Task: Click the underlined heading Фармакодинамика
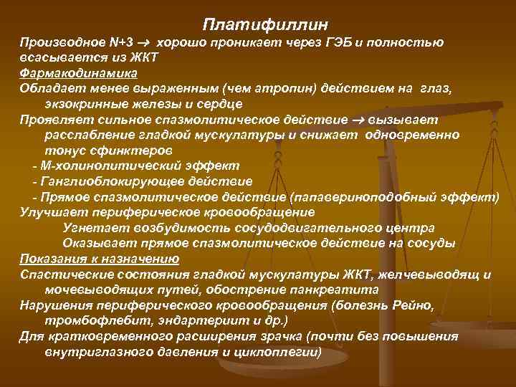(79, 73)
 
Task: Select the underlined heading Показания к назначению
(100, 258)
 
